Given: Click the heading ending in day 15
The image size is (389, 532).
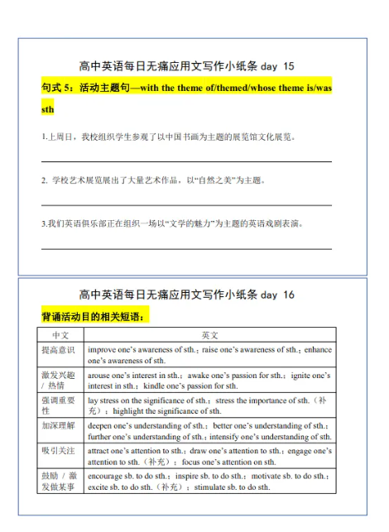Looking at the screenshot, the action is coord(186,65).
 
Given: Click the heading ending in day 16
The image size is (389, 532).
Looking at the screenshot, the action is coord(186,295).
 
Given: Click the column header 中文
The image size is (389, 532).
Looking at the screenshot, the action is coord(60,335).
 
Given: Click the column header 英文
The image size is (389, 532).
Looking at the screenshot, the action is coord(209,335).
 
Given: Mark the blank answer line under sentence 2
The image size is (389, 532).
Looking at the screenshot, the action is coord(186,204).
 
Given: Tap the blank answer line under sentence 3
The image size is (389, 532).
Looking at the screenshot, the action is coord(186,247).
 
